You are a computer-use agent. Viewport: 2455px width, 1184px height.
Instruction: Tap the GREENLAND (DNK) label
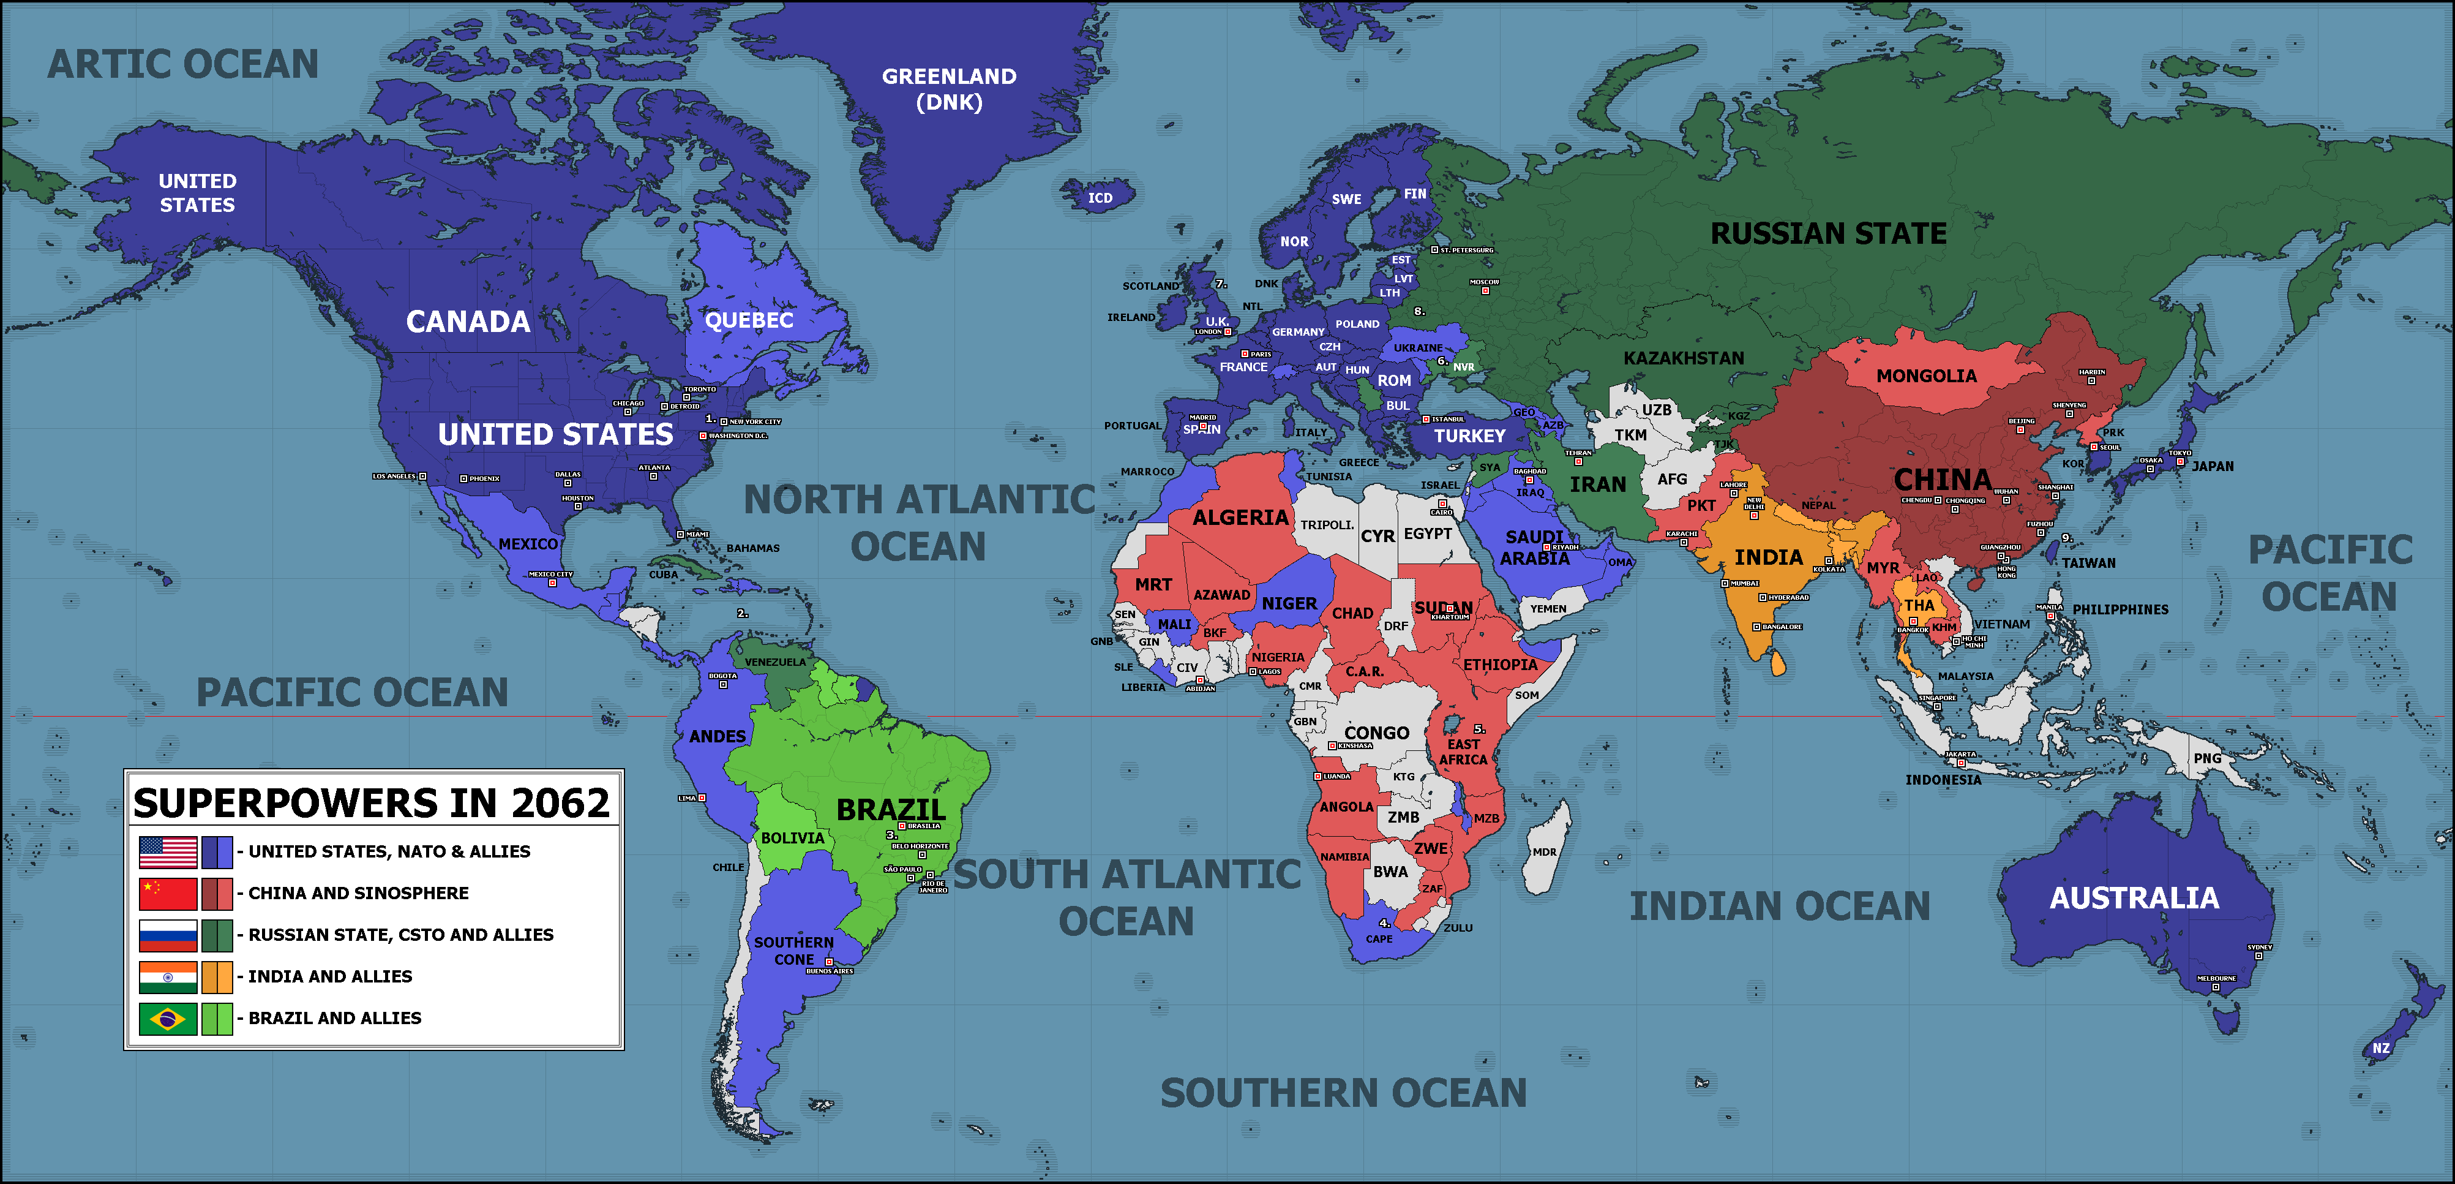tap(948, 89)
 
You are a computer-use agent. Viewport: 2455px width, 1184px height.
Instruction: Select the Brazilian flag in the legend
tap(168, 1018)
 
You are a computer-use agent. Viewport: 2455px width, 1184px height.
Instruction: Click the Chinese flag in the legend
tap(168, 893)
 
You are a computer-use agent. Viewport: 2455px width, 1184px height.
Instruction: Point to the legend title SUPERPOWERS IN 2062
tap(371, 802)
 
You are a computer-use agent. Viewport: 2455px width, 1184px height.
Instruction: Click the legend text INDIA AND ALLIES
tap(330, 976)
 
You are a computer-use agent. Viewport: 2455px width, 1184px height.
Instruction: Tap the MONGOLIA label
tap(1926, 375)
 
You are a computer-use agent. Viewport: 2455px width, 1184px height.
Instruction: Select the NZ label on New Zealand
tap(2381, 1047)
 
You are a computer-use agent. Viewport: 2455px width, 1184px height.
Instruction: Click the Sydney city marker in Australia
tap(2258, 955)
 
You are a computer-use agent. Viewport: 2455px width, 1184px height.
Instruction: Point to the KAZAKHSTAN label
tap(1683, 358)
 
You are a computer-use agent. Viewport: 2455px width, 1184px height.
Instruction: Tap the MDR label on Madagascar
tap(1544, 852)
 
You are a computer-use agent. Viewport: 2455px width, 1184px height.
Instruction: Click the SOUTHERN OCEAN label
tap(1343, 1093)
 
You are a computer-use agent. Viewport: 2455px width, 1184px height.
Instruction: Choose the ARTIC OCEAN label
tap(183, 64)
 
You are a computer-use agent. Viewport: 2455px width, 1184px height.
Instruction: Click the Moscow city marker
tap(1484, 290)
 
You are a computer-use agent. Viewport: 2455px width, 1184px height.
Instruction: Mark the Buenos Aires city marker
tap(829, 962)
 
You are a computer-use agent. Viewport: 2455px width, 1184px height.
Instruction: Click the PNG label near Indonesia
tap(2206, 759)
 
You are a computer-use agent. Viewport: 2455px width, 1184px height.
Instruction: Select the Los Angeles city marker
tap(422, 477)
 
